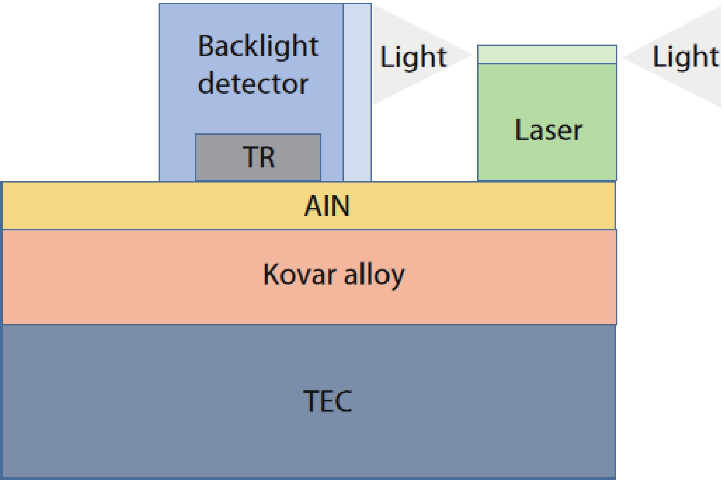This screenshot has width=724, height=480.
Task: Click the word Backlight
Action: point(257,46)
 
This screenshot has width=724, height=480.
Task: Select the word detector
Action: point(253,84)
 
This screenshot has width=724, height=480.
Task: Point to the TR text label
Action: point(259,157)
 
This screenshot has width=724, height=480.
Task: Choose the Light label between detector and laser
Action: point(413,57)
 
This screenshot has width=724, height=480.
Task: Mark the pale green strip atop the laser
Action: point(547,54)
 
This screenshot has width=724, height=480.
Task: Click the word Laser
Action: point(548,130)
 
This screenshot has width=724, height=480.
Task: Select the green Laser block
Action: point(547,159)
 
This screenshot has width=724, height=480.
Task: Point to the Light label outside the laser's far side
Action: point(685,57)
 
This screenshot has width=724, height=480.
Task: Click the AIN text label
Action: point(327,206)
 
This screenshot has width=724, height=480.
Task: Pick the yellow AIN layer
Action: point(138,206)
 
